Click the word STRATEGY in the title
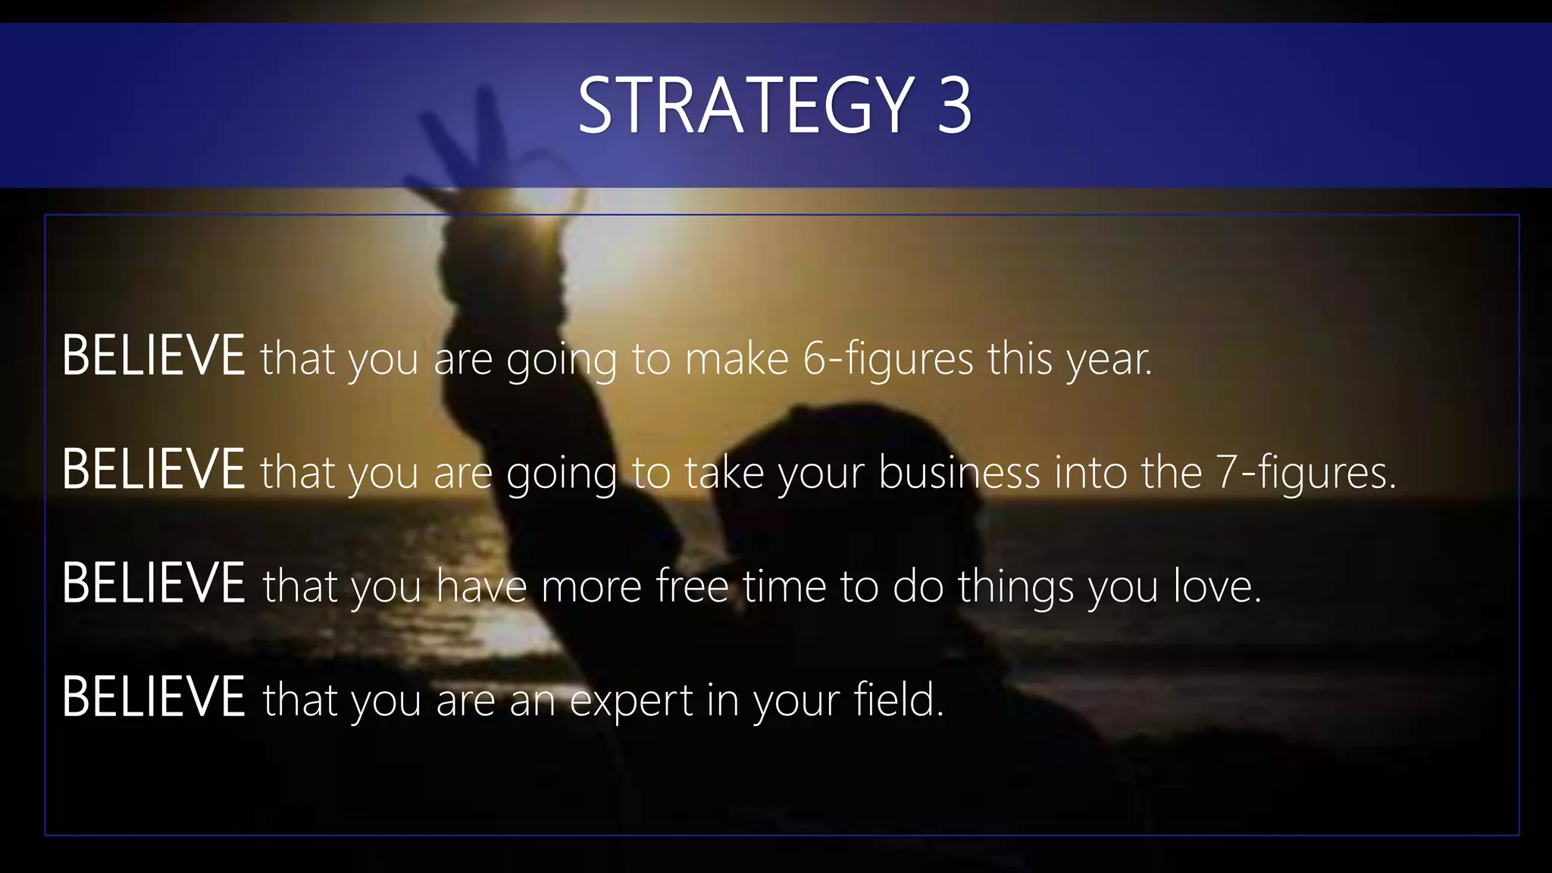746,105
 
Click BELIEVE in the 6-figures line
153,355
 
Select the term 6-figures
887,359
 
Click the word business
959,472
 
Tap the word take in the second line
724,472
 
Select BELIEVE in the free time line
153,583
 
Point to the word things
1015,587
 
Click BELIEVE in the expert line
153,696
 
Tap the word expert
630,701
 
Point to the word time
784,586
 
